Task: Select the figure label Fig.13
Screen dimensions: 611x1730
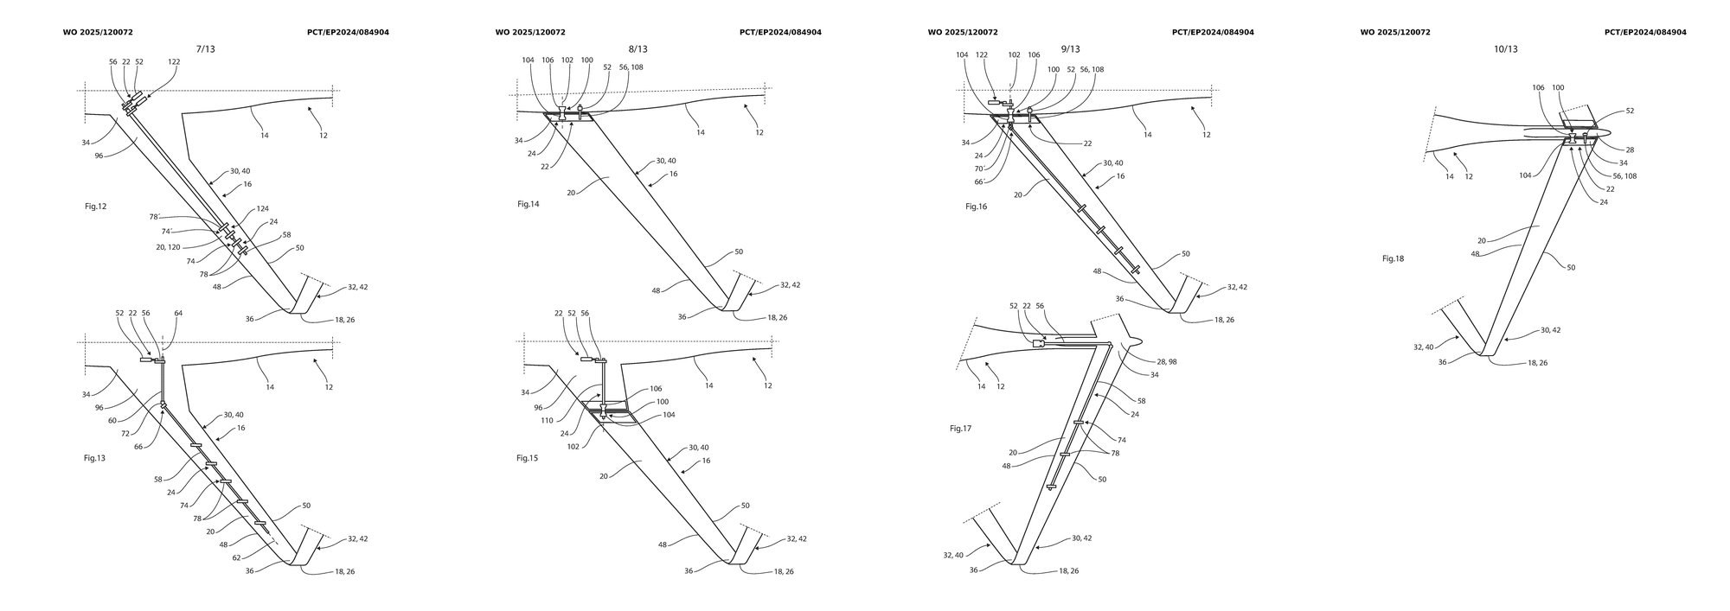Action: click(x=94, y=457)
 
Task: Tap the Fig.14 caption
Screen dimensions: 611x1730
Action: click(x=528, y=204)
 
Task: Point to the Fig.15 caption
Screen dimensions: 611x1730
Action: click(x=527, y=457)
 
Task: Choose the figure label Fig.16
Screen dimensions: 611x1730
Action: click(x=976, y=207)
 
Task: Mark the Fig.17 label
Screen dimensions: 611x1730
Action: click(x=960, y=428)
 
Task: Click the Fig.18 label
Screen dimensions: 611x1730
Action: click(x=1393, y=258)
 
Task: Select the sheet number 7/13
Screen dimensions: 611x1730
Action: click(x=206, y=49)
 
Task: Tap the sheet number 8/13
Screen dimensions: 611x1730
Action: click(x=638, y=49)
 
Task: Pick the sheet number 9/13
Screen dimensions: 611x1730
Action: click(x=1070, y=49)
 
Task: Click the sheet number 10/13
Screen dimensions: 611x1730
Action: click(x=1505, y=49)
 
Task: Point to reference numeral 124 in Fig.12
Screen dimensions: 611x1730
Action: click(x=261, y=210)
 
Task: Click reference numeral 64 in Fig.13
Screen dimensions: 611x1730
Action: click(x=178, y=314)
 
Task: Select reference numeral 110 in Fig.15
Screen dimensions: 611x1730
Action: click(x=547, y=421)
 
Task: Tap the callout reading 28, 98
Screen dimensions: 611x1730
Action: click(x=1165, y=361)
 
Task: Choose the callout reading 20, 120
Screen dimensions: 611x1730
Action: click(x=168, y=247)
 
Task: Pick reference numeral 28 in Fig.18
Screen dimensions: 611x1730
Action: click(x=1630, y=150)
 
